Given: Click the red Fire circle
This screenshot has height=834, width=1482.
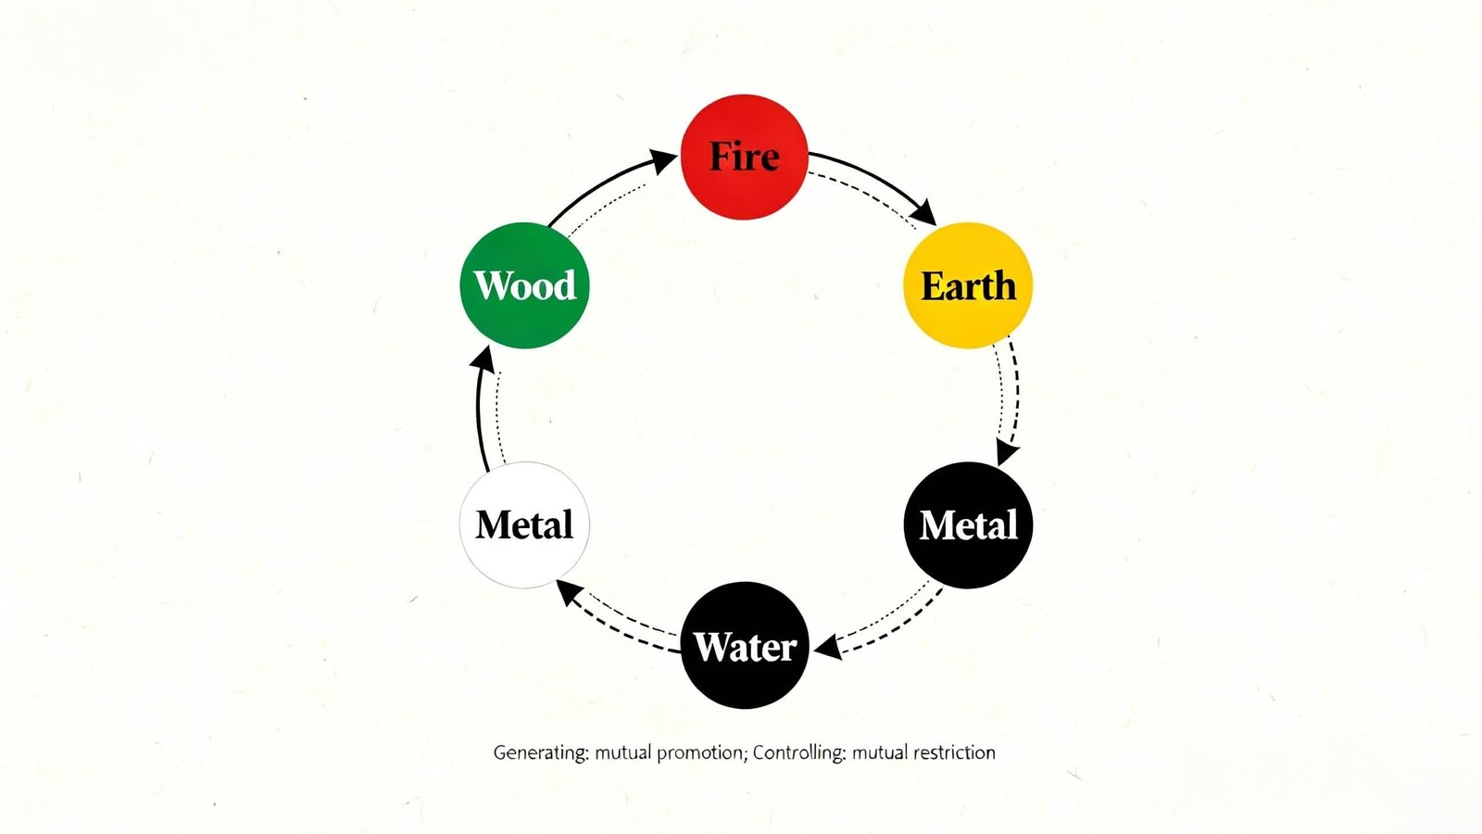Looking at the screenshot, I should click(x=745, y=157).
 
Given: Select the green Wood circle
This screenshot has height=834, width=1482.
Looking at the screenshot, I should click(x=524, y=285).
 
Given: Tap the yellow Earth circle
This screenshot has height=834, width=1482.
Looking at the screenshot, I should click(x=968, y=285).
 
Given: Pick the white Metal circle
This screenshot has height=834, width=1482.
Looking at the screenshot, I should click(x=524, y=524).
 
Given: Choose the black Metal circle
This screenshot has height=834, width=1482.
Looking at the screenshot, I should click(x=968, y=524).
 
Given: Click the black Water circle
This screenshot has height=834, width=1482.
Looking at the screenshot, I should click(x=745, y=645).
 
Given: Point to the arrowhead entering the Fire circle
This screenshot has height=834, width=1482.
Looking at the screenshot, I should click(x=663, y=161).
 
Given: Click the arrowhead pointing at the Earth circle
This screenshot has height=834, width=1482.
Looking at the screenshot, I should click(x=924, y=212).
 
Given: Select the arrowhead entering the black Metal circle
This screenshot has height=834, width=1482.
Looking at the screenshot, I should click(x=1006, y=453).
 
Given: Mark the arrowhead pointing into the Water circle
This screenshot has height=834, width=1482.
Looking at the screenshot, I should click(x=827, y=647).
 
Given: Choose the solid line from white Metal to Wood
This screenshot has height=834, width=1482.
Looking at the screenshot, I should click(x=479, y=417).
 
